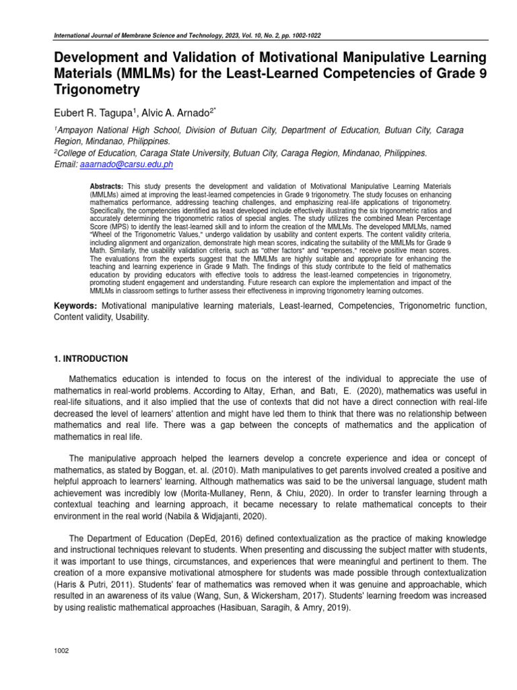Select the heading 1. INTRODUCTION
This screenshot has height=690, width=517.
[x=91, y=358]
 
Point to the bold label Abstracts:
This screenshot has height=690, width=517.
[x=107, y=185]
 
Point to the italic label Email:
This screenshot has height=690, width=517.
[x=66, y=164]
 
